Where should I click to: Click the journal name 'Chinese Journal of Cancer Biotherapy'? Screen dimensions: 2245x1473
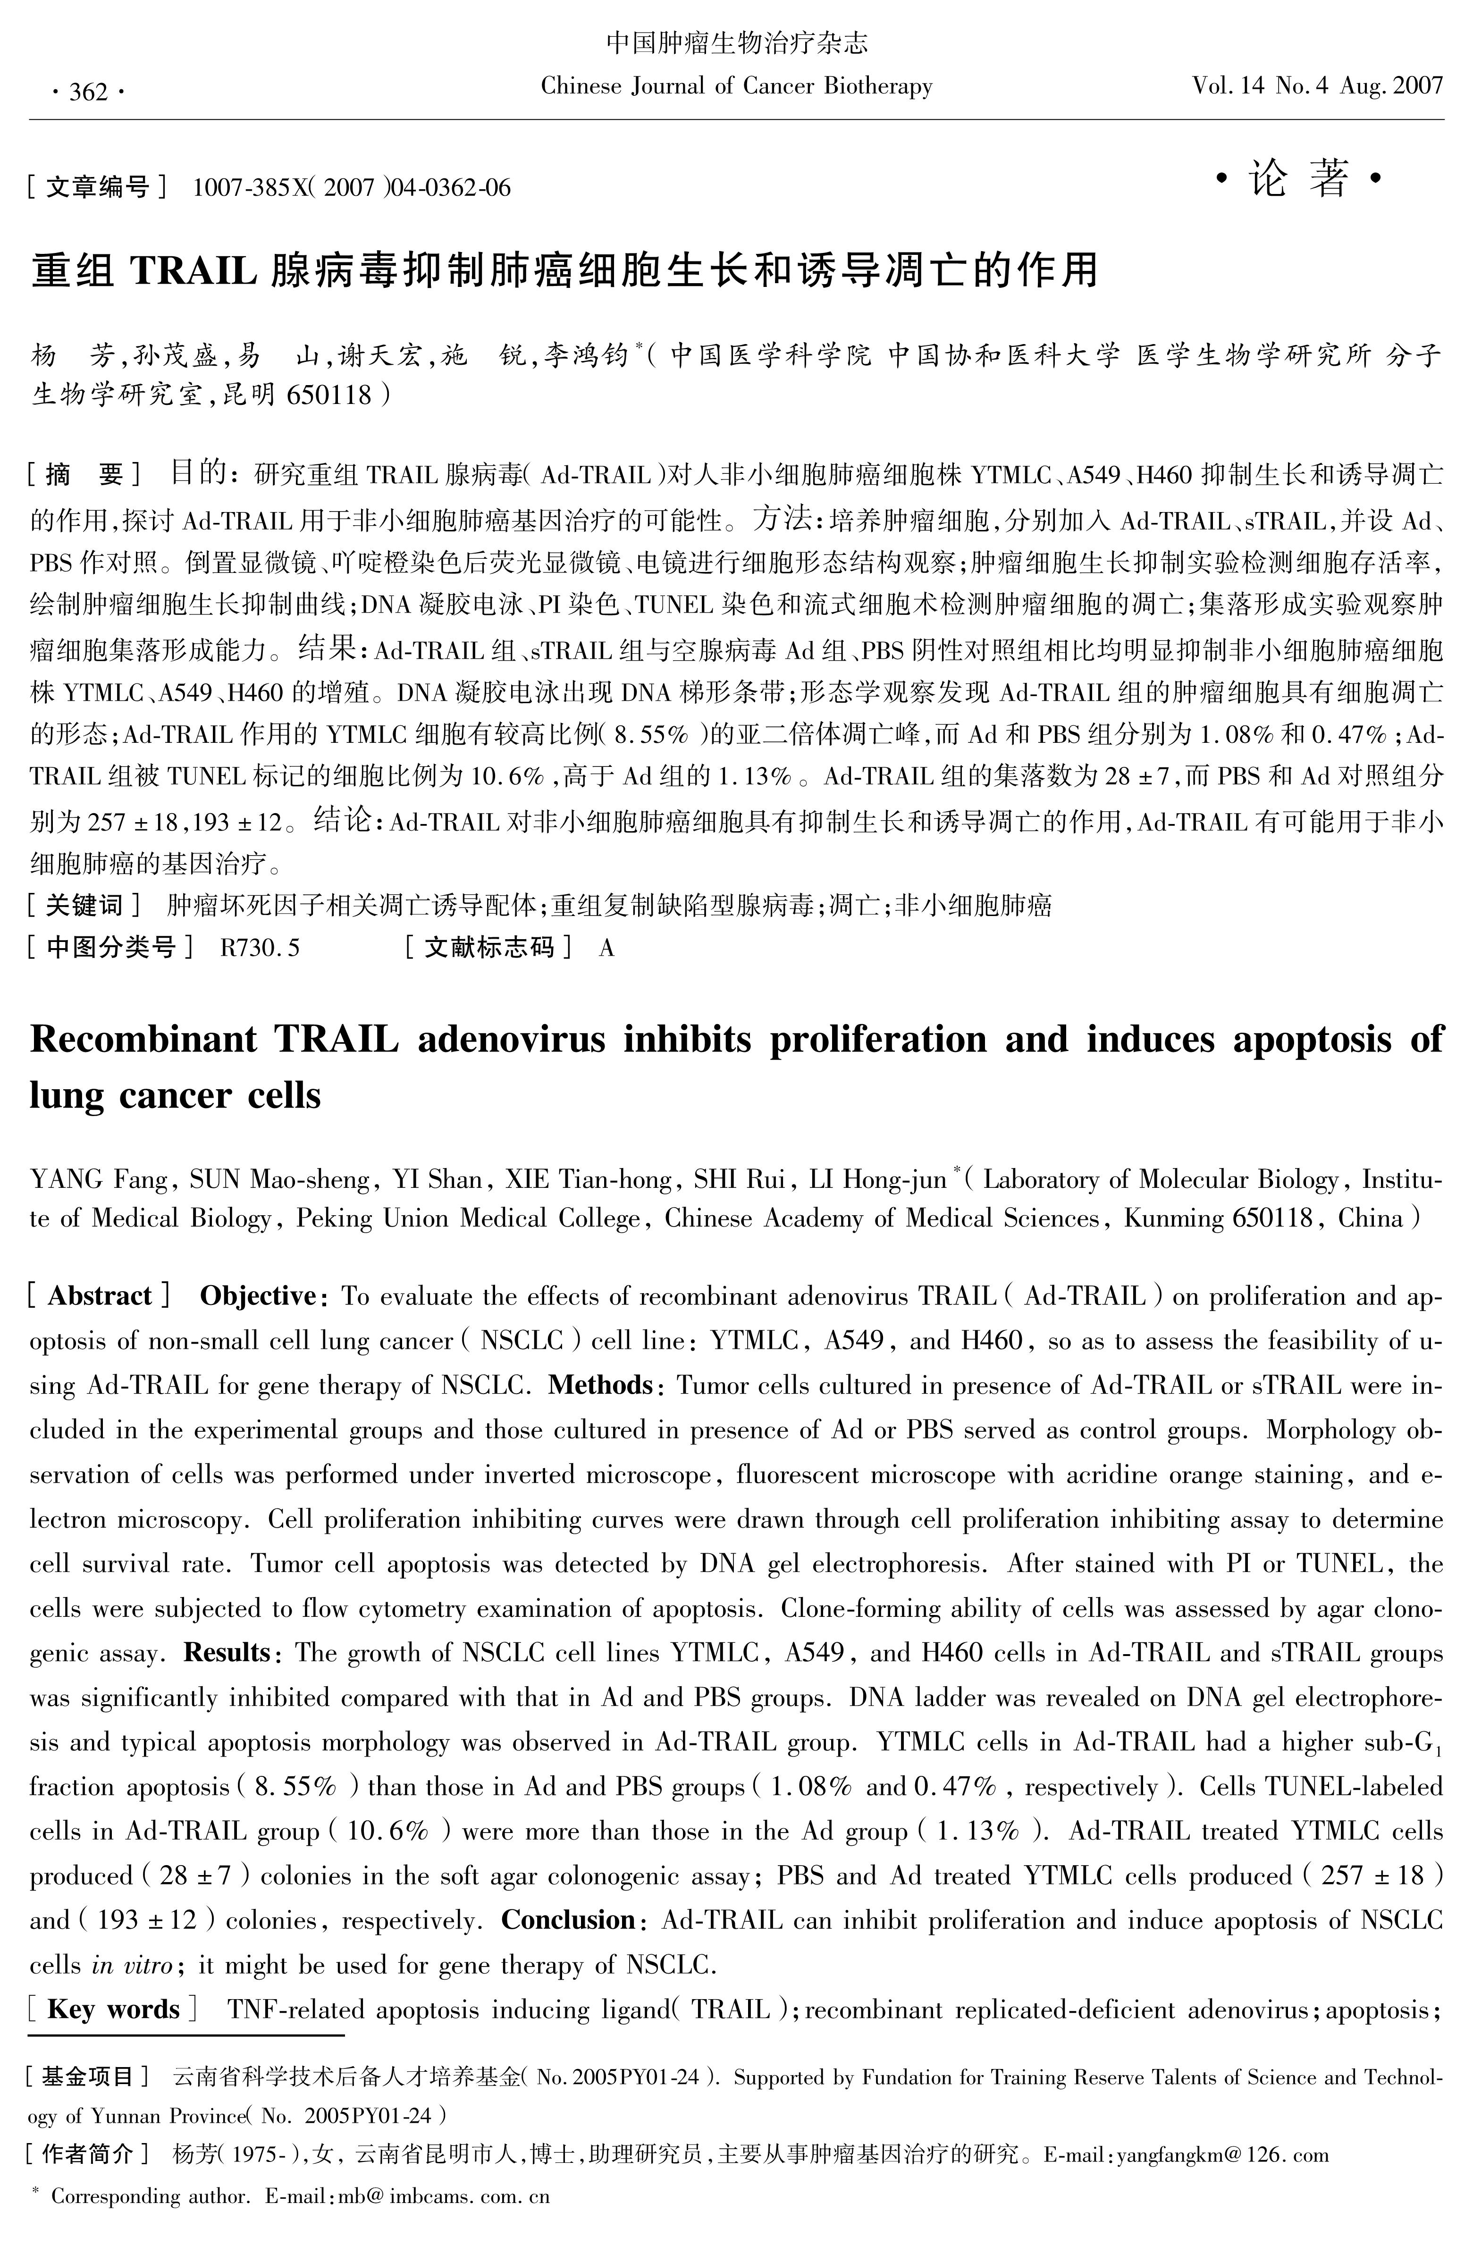(736, 87)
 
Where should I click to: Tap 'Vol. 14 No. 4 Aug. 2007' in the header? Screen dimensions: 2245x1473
(1317, 87)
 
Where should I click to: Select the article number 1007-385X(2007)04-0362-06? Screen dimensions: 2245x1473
(351, 188)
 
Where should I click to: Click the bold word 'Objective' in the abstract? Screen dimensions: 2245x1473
(257, 1296)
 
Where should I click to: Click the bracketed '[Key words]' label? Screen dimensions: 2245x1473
(113, 2009)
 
